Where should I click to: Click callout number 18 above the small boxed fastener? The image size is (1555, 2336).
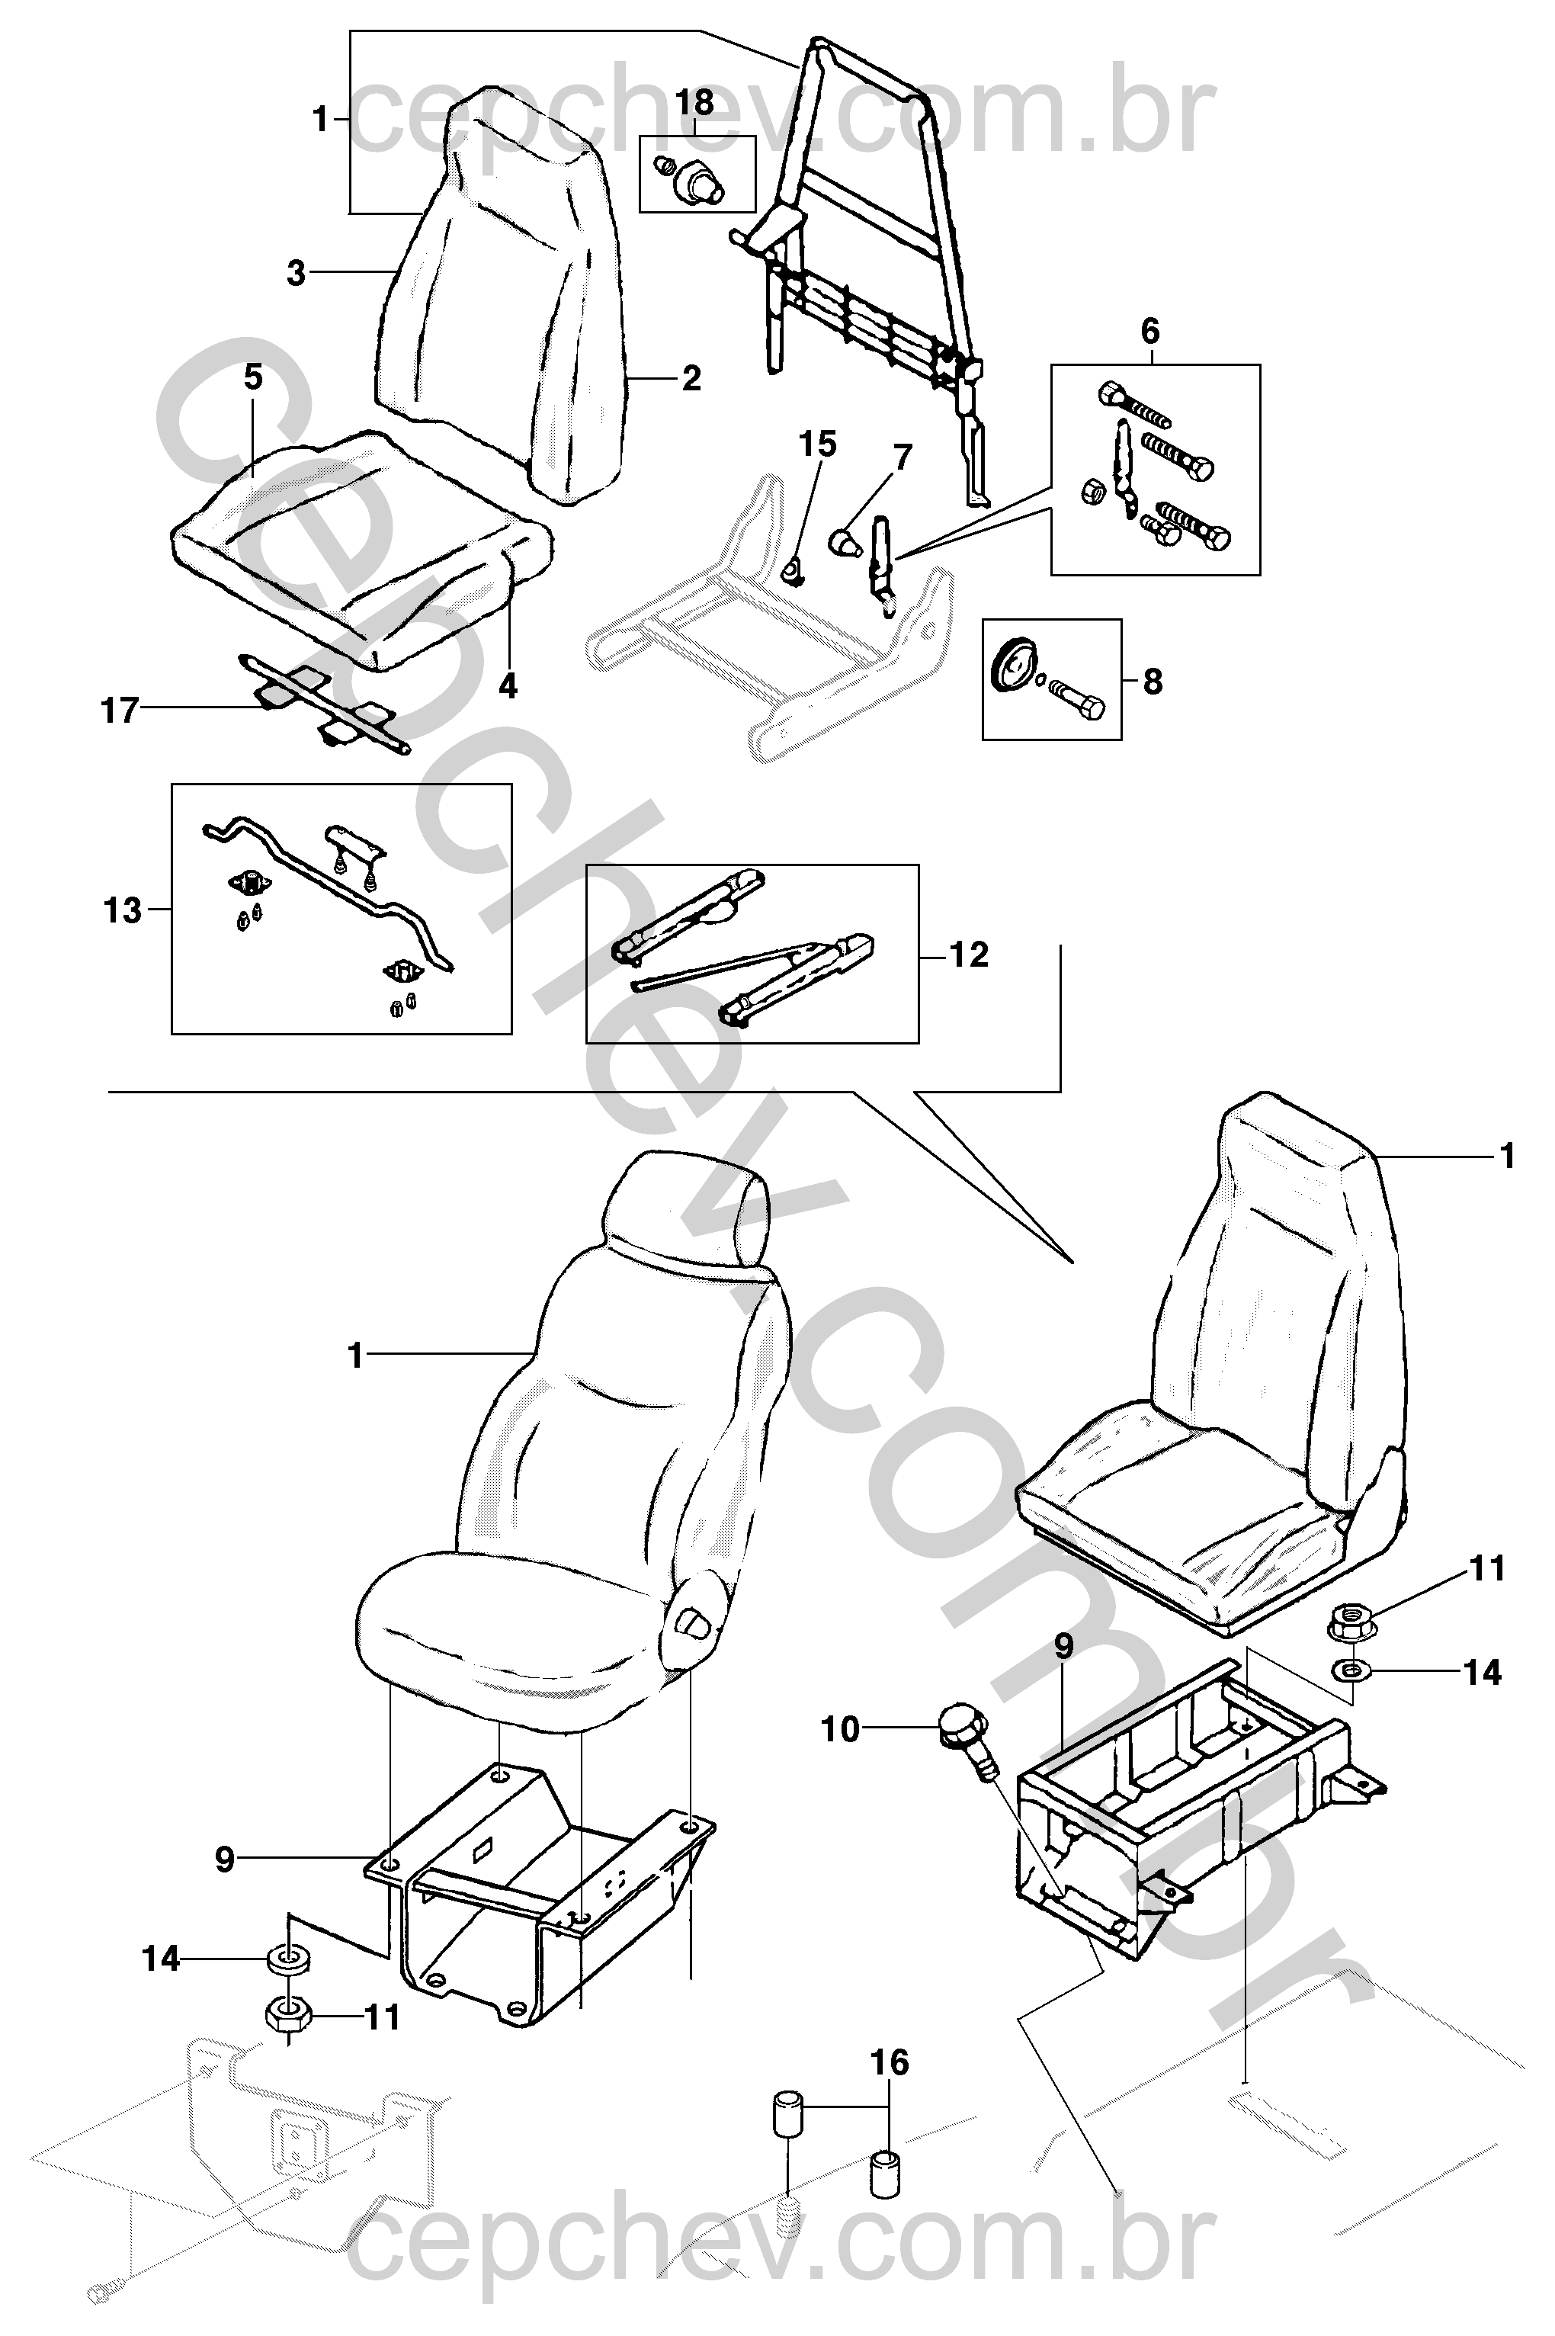[x=695, y=102]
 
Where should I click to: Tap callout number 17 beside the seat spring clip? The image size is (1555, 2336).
[x=120, y=711]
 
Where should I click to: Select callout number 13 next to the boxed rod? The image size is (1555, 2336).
[x=123, y=910]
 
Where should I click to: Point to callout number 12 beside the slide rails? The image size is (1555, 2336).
[x=969, y=955]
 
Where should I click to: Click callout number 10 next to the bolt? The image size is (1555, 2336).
[x=841, y=1729]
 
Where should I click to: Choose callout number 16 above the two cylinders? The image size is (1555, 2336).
[x=890, y=2063]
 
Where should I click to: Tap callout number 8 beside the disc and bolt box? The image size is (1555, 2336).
[x=1153, y=682]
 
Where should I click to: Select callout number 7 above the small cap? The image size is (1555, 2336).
[x=902, y=458]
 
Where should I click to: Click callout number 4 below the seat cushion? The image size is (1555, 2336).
[x=508, y=685]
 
